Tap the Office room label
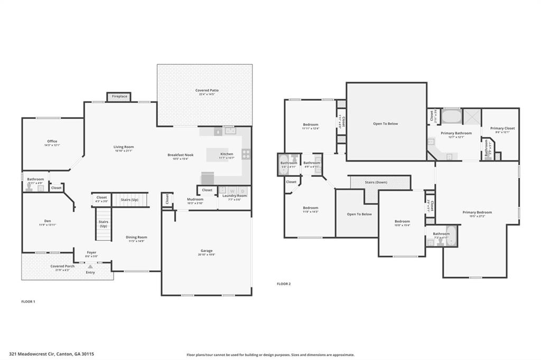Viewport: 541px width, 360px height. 52,141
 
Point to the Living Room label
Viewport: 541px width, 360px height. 124,147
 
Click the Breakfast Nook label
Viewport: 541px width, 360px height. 181,155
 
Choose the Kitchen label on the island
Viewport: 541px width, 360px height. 226,155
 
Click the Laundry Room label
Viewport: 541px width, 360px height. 234,196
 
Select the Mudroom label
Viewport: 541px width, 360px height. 195,200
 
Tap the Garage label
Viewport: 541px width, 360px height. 206,251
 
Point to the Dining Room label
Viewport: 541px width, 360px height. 136,238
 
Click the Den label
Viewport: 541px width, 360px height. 48,221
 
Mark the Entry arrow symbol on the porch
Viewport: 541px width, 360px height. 90,267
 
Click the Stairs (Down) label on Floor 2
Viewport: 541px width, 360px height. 376,182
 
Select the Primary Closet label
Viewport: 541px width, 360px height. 502,128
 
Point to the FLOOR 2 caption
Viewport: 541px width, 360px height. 284,284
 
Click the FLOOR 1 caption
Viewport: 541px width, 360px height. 28,301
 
